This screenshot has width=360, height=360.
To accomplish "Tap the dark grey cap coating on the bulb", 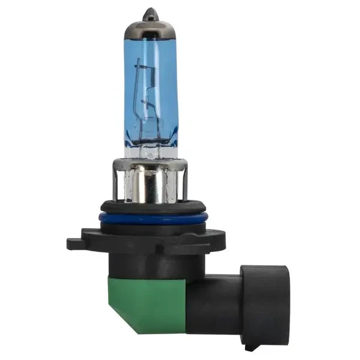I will [149, 27].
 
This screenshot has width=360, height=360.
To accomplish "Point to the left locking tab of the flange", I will [75, 244].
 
